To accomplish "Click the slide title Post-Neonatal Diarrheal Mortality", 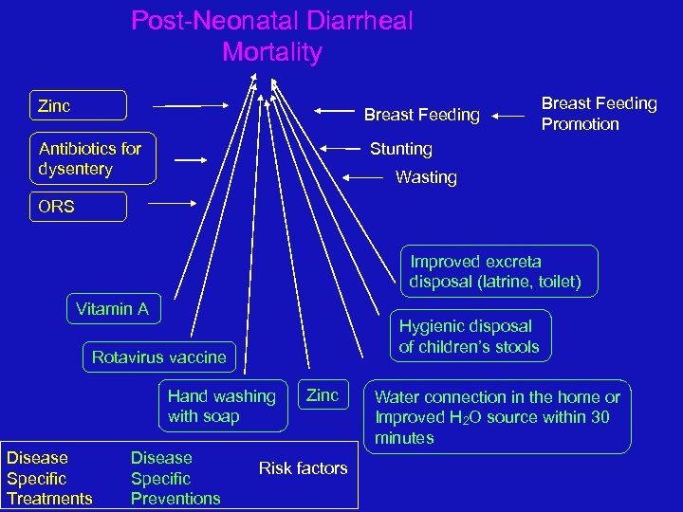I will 272,36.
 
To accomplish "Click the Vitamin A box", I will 114,309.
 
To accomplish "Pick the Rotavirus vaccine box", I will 158,357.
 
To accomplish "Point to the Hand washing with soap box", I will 222,406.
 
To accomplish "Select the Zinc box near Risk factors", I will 323,395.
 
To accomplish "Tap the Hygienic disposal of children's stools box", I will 469,337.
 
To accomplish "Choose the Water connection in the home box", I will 498,417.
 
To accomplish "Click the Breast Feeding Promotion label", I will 599,114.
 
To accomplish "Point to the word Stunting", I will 400,149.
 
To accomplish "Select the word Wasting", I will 426,177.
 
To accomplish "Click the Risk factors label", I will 303,467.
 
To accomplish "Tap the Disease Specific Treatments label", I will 49,479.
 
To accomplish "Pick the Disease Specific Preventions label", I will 175,479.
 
